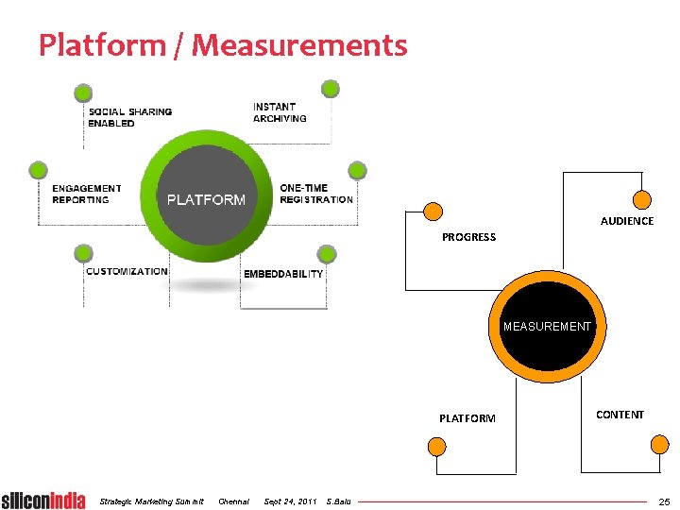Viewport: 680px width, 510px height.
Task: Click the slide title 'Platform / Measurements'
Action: [223, 44]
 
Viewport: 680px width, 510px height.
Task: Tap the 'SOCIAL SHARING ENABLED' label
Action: [129, 117]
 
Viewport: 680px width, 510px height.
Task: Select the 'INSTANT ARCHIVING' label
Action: [280, 112]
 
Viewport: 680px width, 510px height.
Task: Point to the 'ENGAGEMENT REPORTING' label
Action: [87, 194]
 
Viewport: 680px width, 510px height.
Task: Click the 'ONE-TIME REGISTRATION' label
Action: [316, 194]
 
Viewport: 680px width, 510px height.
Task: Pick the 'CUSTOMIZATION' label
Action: [127, 272]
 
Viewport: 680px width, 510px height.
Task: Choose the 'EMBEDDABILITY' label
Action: [283, 274]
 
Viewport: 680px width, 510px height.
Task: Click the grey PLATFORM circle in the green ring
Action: [206, 199]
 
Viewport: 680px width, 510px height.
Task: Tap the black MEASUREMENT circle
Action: [547, 327]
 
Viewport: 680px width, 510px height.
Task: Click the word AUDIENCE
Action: [627, 221]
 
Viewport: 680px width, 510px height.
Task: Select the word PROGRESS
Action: [468, 237]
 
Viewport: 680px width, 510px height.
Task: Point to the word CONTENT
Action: [620, 415]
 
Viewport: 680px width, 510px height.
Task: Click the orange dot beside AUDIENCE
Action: [641, 200]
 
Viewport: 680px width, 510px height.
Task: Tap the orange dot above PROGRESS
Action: [433, 212]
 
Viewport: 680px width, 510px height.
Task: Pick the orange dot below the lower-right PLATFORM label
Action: [435, 447]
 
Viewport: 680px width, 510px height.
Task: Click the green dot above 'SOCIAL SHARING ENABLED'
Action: [83, 93]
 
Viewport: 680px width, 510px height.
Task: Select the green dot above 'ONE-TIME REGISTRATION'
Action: [356, 170]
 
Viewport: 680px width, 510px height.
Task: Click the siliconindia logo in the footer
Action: [43, 500]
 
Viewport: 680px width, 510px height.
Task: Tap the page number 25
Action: [664, 501]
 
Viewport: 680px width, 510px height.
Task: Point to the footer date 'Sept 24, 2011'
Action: [290, 501]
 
